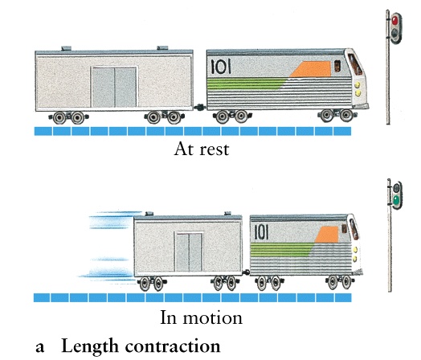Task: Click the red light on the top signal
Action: [x=394, y=20]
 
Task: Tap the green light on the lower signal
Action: [x=396, y=200]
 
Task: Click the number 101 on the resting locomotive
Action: [x=221, y=67]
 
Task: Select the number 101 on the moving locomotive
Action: [x=261, y=232]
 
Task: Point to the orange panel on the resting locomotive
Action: [x=311, y=69]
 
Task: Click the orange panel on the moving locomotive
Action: [x=327, y=235]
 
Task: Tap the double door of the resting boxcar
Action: [x=114, y=87]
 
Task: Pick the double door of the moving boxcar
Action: [x=189, y=252]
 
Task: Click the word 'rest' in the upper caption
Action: [x=215, y=149]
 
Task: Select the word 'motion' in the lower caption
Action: [x=212, y=318]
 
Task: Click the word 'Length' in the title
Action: [x=90, y=346]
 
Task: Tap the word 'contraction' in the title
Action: [x=173, y=346]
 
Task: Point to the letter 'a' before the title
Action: [x=40, y=348]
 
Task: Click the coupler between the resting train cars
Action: [x=200, y=108]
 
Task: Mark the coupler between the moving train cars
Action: [x=246, y=272]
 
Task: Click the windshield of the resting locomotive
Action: [x=354, y=64]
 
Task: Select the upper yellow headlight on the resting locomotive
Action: [x=357, y=85]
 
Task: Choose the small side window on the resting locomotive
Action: [x=337, y=66]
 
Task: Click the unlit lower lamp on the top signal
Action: [x=394, y=33]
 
